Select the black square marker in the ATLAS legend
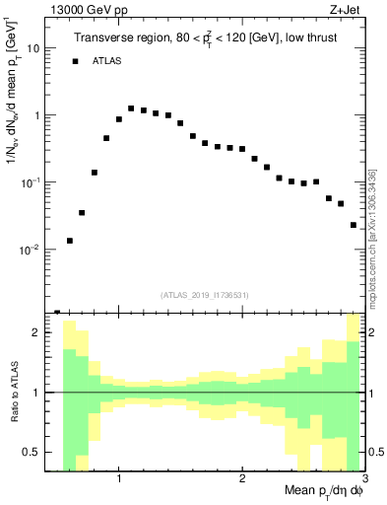[75, 61]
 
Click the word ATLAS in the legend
[108, 61]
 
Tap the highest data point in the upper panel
[131, 108]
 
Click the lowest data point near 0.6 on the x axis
[70, 241]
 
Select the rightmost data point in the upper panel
[354, 225]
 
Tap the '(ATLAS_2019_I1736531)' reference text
[205, 294]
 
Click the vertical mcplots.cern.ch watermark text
[372, 237]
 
